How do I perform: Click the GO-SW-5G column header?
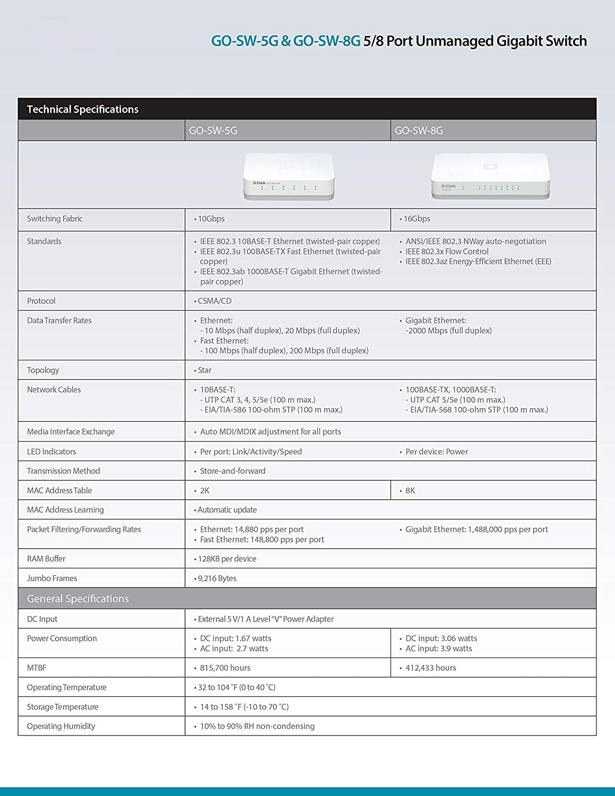tap(213, 131)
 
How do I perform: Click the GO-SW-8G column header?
tap(419, 131)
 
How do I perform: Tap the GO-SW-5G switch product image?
tap(289, 177)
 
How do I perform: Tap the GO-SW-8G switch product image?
tap(490, 176)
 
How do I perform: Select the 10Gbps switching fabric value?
tap(211, 219)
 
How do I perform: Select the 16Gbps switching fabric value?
tap(417, 219)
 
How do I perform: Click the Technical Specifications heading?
tap(82, 109)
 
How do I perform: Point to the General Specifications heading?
tap(77, 599)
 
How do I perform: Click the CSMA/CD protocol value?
tap(214, 301)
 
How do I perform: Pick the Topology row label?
tap(43, 370)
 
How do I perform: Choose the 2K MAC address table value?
tap(204, 490)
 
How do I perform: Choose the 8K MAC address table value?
tap(410, 490)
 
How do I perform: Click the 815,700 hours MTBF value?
tap(225, 668)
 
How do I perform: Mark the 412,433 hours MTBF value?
tap(430, 668)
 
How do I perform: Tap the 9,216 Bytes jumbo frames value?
tap(217, 578)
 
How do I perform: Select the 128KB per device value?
tap(227, 559)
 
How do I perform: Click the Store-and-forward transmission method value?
tap(232, 471)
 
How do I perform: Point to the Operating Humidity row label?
tap(61, 726)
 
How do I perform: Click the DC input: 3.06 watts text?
tap(441, 638)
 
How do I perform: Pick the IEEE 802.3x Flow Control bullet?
tap(447, 252)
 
